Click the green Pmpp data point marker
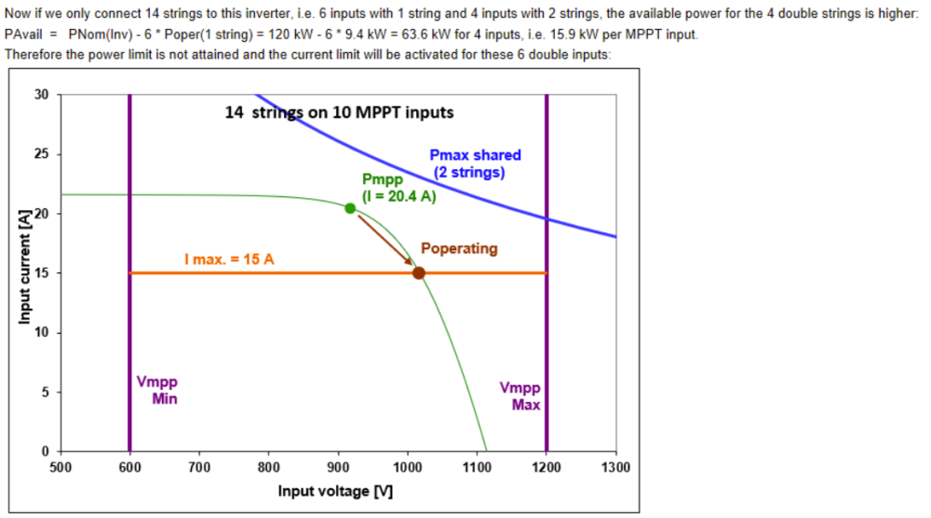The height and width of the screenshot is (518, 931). pyautogui.click(x=350, y=208)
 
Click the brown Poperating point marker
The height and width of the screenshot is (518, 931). pyautogui.click(x=419, y=272)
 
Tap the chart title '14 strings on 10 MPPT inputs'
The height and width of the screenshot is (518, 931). pyautogui.click(x=339, y=113)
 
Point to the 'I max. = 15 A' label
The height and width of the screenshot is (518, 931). pyautogui.click(x=229, y=259)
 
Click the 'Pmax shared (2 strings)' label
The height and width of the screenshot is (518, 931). pyautogui.click(x=475, y=164)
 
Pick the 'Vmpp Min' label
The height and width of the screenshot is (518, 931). pyautogui.click(x=157, y=391)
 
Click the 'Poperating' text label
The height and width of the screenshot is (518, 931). pyautogui.click(x=459, y=249)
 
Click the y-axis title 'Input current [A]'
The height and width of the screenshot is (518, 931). pyautogui.click(x=22, y=271)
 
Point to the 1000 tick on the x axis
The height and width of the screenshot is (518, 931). pyautogui.click(x=407, y=467)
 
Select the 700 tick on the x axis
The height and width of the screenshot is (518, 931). pyautogui.click(x=199, y=467)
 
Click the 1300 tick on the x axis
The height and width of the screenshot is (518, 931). pyautogui.click(x=615, y=467)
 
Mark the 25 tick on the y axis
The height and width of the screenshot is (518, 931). pyautogui.click(x=40, y=153)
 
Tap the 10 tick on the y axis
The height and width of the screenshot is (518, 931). pyautogui.click(x=40, y=332)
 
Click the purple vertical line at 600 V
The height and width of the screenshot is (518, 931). pyautogui.click(x=129, y=325)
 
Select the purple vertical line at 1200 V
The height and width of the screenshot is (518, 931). pyautogui.click(x=546, y=325)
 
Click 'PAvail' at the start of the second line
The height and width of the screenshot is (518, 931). pyautogui.click(x=23, y=34)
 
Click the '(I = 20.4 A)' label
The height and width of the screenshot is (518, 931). pyautogui.click(x=405, y=196)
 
